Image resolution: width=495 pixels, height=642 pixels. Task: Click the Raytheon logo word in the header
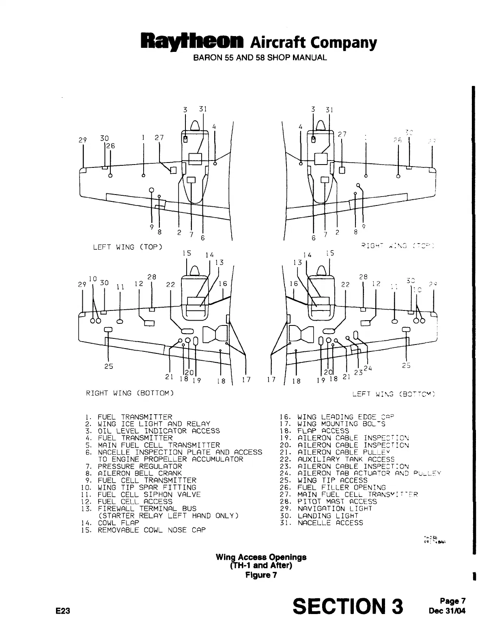coord(192,42)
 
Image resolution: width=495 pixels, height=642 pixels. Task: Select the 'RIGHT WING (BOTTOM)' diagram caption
coord(130,393)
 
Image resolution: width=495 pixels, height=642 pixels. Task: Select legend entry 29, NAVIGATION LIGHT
coord(329,509)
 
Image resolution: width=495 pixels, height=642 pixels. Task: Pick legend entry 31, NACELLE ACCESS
coord(325,523)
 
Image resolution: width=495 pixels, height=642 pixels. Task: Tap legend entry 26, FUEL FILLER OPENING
coord(336,488)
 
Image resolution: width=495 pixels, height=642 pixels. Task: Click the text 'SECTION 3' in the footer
coord(348,607)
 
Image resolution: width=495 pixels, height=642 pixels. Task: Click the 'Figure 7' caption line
coord(261,575)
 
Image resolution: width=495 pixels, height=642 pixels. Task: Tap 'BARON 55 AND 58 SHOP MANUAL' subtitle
coord(260,58)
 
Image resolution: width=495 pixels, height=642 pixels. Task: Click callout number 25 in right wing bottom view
coord(108,366)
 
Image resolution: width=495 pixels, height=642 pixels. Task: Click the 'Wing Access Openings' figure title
coord(261,557)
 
